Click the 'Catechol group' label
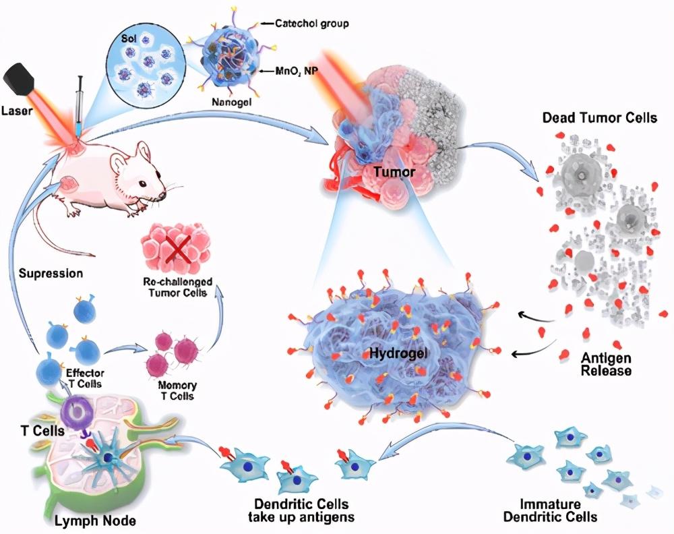(x=311, y=23)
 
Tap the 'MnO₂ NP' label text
(x=296, y=71)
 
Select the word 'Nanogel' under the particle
(x=231, y=102)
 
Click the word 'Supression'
(x=51, y=274)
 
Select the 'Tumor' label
(x=394, y=173)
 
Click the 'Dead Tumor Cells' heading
(x=599, y=117)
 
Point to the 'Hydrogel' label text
(x=398, y=353)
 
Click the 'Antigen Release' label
(x=606, y=363)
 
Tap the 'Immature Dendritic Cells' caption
(x=550, y=510)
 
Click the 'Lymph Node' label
(x=95, y=521)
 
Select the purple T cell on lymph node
(x=77, y=411)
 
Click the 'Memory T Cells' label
(x=177, y=390)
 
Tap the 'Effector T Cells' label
(x=84, y=378)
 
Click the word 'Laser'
(x=17, y=111)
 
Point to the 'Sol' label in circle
(x=129, y=38)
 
